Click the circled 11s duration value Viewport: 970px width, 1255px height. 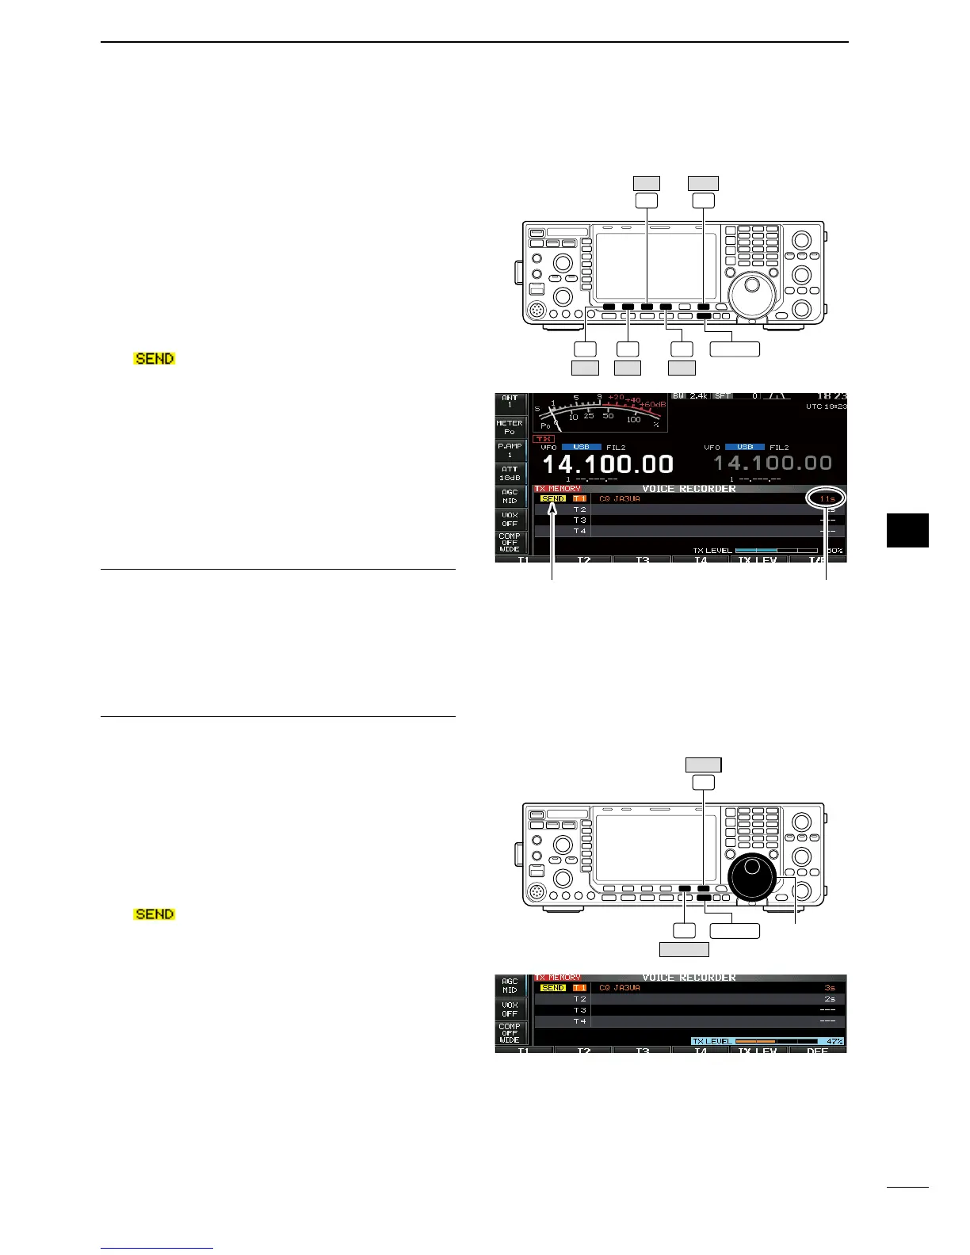(827, 498)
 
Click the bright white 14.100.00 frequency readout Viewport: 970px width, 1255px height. (607, 464)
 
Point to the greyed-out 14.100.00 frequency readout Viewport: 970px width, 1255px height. (773, 463)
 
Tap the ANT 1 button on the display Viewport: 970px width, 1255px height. (510, 402)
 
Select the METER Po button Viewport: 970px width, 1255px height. (510, 427)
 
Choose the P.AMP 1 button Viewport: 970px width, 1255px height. (510, 450)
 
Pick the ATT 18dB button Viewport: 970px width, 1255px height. (510, 473)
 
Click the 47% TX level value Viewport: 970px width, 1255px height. (833, 1041)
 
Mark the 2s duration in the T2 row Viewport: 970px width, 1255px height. (829, 999)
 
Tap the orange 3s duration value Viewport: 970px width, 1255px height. (829, 988)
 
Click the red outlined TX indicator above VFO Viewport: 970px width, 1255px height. (544, 438)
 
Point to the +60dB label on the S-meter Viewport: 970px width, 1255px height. (653, 404)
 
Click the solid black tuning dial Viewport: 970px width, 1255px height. (752, 879)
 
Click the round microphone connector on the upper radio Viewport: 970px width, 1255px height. (537, 308)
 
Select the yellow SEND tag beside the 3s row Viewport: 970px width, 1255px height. (552, 988)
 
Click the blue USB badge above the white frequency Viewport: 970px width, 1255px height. (581, 447)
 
